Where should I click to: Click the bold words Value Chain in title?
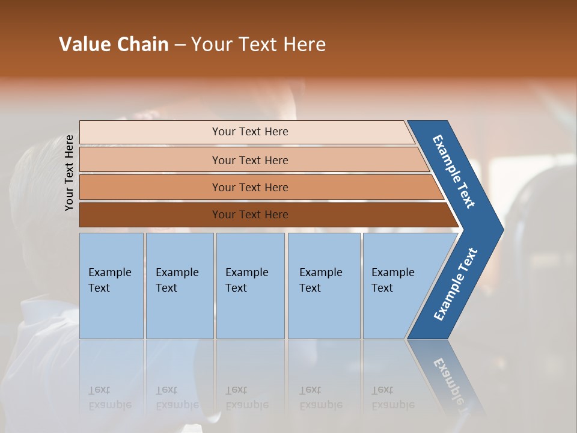pyautogui.click(x=114, y=45)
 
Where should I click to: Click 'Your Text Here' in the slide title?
pyautogui.click(x=258, y=45)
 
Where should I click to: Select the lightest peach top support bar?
pyautogui.click(x=150, y=132)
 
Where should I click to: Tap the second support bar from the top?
pyautogui.click(x=150, y=160)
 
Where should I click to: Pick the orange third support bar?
pyautogui.click(x=150, y=187)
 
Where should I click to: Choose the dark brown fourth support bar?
pyautogui.click(x=150, y=215)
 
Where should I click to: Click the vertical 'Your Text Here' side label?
pyautogui.click(x=70, y=173)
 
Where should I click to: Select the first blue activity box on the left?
pyautogui.click(x=111, y=286)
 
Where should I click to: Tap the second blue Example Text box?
pyautogui.click(x=180, y=286)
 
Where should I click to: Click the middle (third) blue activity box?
pyautogui.click(x=250, y=286)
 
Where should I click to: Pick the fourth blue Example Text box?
pyautogui.click(x=324, y=286)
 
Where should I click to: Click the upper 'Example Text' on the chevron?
pyautogui.click(x=454, y=171)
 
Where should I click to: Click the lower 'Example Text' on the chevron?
pyautogui.click(x=456, y=284)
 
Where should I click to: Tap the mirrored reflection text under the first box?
pyautogui.click(x=110, y=398)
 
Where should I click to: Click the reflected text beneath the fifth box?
pyautogui.click(x=393, y=398)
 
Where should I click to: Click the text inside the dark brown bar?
pyautogui.click(x=250, y=215)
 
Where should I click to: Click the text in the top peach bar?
pyautogui.click(x=250, y=132)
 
